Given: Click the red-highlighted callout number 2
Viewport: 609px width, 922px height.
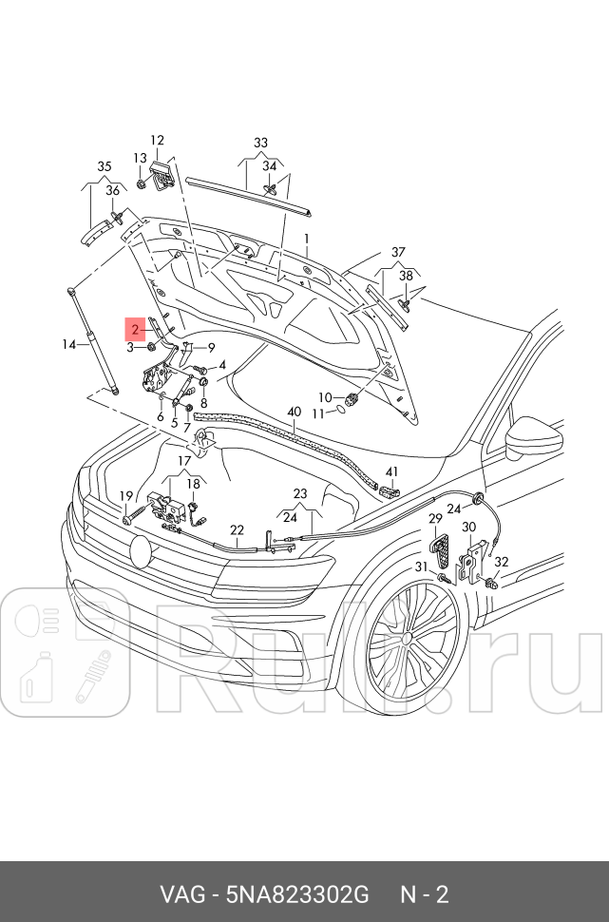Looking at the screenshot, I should tap(136, 330).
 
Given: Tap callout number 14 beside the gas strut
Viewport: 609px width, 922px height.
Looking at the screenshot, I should tap(69, 344).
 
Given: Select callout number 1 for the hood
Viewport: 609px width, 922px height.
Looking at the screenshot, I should tap(307, 238).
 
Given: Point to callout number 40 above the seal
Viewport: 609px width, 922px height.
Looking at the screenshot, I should tap(294, 412).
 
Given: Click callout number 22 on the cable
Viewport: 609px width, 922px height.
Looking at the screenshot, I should tap(237, 530).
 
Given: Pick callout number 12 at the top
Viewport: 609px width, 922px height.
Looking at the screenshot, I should tap(157, 141).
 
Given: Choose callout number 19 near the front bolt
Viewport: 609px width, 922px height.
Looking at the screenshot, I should tap(125, 496).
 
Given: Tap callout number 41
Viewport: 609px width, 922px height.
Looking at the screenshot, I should tap(392, 472).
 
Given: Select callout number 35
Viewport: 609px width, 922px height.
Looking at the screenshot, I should tap(105, 167).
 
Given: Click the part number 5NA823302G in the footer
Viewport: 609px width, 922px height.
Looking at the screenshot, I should tap(296, 895).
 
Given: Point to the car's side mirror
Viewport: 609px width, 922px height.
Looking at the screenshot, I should tap(523, 439).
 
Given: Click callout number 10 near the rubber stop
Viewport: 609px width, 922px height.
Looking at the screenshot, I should tap(325, 397).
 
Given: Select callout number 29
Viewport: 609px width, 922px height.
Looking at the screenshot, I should tap(435, 519).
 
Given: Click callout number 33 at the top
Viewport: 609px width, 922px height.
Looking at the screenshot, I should tap(260, 143).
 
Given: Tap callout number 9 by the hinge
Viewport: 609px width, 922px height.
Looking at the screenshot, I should tap(211, 347).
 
